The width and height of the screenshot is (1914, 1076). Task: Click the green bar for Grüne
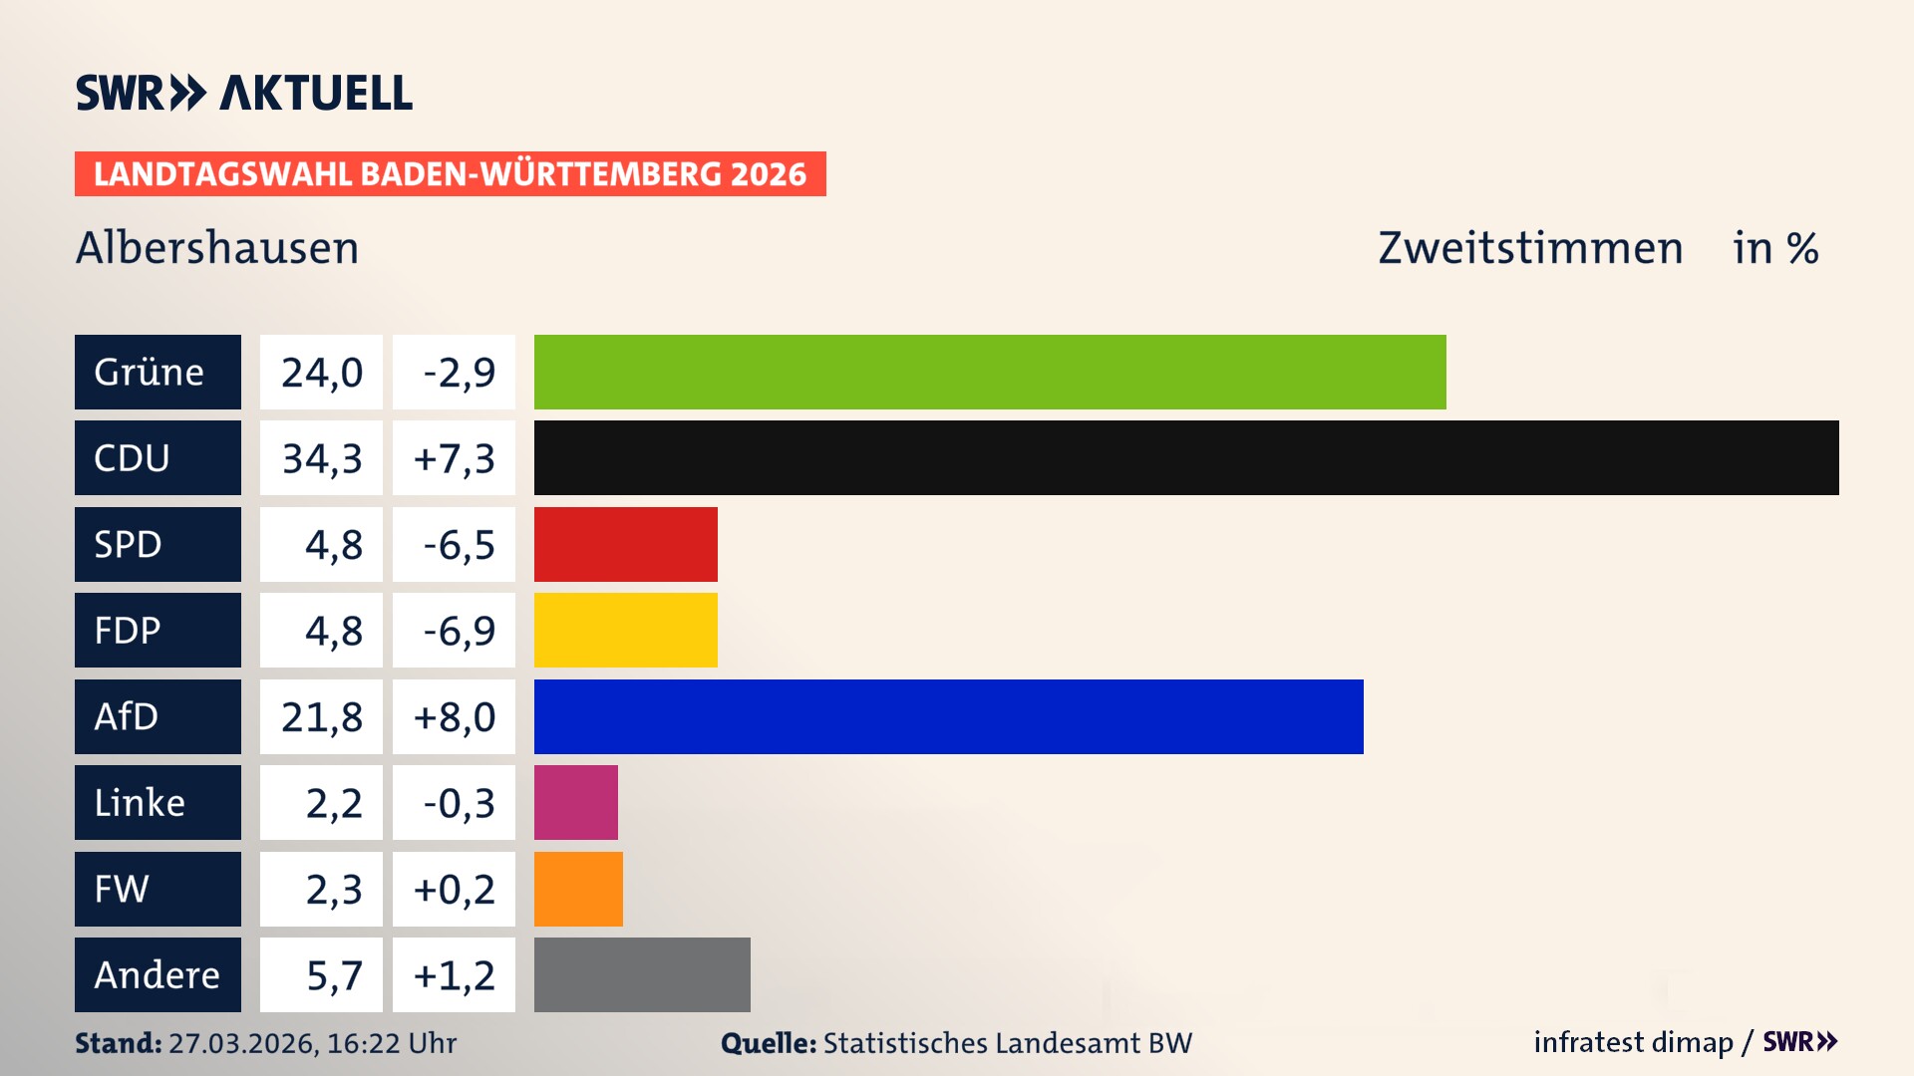(x=989, y=372)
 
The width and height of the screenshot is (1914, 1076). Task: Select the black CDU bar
(x=1186, y=457)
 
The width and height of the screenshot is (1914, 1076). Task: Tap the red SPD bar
(x=625, y=544)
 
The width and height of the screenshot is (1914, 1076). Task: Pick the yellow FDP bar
(x=625, y=630)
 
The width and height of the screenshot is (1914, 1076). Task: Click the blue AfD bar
(x=948, y=716)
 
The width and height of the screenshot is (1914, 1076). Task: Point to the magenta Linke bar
(x=575, y=802)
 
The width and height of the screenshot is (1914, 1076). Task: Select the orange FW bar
(x=578, y=889)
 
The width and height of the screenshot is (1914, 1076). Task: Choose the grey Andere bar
(x=642, y=974)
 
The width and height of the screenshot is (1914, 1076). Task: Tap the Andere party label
(x=158, y=974)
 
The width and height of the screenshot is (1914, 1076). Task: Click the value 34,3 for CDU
(x=321, y=458)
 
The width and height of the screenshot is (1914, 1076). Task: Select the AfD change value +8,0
(x=454, y=716)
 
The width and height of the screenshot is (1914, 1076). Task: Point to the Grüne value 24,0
(x=321, y=373)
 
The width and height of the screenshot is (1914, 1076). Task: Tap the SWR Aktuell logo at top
(x=243, y=93)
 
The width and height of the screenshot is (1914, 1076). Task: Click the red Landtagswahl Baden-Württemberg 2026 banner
(x=450, y=173)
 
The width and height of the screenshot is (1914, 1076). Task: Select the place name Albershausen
(x=217, y=248)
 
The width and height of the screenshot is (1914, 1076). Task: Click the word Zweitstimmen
(x=1529, y=248)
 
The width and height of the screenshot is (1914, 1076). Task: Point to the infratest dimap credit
(x=1632, y=1042)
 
